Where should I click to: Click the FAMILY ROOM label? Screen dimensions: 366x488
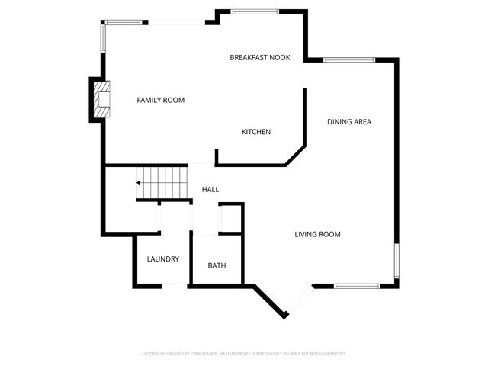click(x=160, y=100)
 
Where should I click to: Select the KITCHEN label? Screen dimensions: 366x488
click(x=256, y=132)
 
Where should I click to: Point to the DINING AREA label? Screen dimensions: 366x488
click(x=349, y=121)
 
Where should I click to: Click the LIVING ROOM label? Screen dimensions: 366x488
click(x=317, y=234)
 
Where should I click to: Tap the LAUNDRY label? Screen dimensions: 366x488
click(x=163, y=258)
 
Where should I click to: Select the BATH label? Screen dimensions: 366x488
click(x=217, y=265)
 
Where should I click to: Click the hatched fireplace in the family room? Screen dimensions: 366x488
click(x=101, y=100)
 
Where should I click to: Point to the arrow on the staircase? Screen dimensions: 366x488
click(x=140, y=183)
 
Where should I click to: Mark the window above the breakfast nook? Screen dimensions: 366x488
click(x=254, y=11)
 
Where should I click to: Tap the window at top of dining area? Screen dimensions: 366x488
click(x=348, y=59)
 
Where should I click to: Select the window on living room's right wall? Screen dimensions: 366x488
click(x=396, y=262)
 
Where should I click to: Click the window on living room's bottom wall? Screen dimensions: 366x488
click(x=357, y=286)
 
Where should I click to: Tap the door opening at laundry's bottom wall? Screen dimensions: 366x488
click(x=175, y=285)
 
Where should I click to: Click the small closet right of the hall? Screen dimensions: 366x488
click(x=230, y=219)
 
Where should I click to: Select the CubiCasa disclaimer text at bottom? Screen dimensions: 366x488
click(x=244, y=354)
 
